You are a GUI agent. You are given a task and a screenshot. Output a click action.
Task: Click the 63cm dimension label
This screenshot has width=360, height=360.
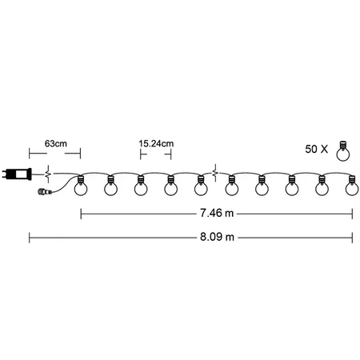click(x=56, y=144)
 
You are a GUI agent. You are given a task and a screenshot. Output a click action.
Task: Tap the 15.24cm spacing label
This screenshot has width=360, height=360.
click(x=156, y=144)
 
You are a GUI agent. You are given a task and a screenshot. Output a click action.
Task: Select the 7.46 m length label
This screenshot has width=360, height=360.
click(x=217, y=213)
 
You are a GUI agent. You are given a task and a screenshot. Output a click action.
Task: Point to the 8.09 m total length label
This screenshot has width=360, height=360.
click(x=217, y=237)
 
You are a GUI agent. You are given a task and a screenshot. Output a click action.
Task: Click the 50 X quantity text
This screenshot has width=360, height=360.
click(x=317, y=149)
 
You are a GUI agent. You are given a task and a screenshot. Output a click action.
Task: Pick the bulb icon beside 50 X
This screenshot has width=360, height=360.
click(x=343, y=151)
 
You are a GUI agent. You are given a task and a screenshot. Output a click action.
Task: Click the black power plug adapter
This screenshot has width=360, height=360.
click(x=17, y=174)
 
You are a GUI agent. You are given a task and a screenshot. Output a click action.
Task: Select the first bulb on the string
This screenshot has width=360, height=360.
click(x=81, y=186)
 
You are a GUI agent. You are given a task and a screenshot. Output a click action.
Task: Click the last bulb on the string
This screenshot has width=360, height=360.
click(x=352, y=186)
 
